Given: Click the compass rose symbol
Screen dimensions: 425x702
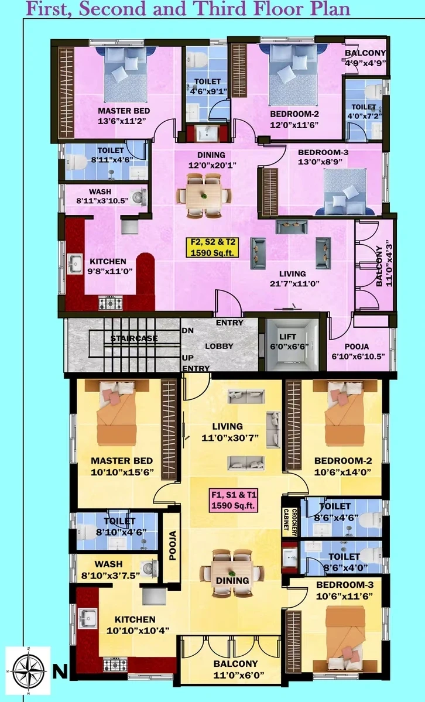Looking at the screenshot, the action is tap(28, 670).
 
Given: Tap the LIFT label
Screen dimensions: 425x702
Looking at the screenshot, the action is tap(287, 337).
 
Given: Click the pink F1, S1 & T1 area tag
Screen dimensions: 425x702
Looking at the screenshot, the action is tap(234, 500).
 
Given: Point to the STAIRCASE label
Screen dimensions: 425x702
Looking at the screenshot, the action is tap(135, 338).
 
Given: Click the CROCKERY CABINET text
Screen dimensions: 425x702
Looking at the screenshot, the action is tap(290, 522).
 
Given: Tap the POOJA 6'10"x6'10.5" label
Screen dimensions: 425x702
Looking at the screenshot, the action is tap(357, 351).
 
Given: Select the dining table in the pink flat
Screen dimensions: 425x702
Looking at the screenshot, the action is tap(204, 196).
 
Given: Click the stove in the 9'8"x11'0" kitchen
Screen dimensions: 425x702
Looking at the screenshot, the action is tap(111, 303).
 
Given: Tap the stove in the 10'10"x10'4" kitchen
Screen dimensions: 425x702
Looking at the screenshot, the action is tap(115, 665).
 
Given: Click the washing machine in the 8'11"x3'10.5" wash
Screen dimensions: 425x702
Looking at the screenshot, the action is tap(138, 197).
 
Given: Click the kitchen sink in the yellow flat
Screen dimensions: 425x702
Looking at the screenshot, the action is tap(87, 618).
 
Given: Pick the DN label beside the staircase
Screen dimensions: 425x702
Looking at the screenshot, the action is tap(188, 330).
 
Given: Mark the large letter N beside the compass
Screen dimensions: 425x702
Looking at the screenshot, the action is tap(60, 672).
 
